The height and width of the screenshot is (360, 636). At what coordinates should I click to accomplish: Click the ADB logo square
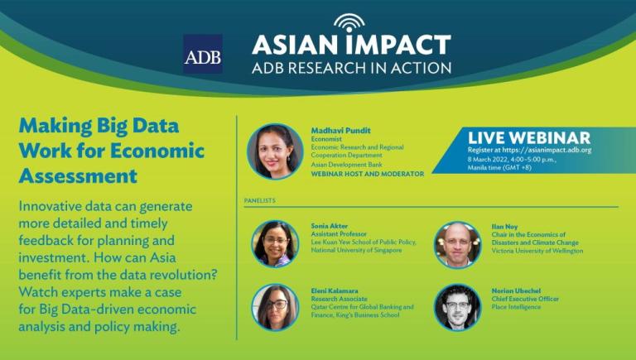click(203, 54)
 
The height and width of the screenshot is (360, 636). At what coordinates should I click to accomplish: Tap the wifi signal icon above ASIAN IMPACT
click(349, 22)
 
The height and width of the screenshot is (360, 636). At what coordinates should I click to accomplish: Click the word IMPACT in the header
click(398, 45)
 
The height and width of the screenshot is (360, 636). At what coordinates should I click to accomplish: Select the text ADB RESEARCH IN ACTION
click(351, 68)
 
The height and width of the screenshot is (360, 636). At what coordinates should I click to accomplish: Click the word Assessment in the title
click(78, 176)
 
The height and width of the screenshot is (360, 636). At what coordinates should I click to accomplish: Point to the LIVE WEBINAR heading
click(529, 138)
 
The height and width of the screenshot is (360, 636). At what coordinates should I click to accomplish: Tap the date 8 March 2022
click(484, 160)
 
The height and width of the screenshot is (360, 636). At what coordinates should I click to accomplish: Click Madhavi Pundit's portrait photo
click(275, 151)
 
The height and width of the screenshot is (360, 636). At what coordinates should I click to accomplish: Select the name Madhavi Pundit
click(340, 131)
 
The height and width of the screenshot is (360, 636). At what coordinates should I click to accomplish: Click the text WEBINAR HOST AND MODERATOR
click(368, 174)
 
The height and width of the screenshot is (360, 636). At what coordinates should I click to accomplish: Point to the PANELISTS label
click(259, 200)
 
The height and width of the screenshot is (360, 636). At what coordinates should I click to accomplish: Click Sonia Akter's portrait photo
click(275, 243)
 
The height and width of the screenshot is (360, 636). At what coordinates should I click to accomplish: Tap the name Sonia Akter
click(330, 226)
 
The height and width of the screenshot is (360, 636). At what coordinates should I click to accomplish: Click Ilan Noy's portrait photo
click(457, 245)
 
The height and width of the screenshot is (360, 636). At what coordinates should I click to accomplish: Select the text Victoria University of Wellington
click(537, 251)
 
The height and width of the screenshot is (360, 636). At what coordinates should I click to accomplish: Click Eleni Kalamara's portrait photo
click(275, 307)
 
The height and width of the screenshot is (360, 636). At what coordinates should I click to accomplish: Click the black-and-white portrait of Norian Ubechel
click(457, 308)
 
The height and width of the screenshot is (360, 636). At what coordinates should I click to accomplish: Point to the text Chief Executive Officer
click(525, 299)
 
